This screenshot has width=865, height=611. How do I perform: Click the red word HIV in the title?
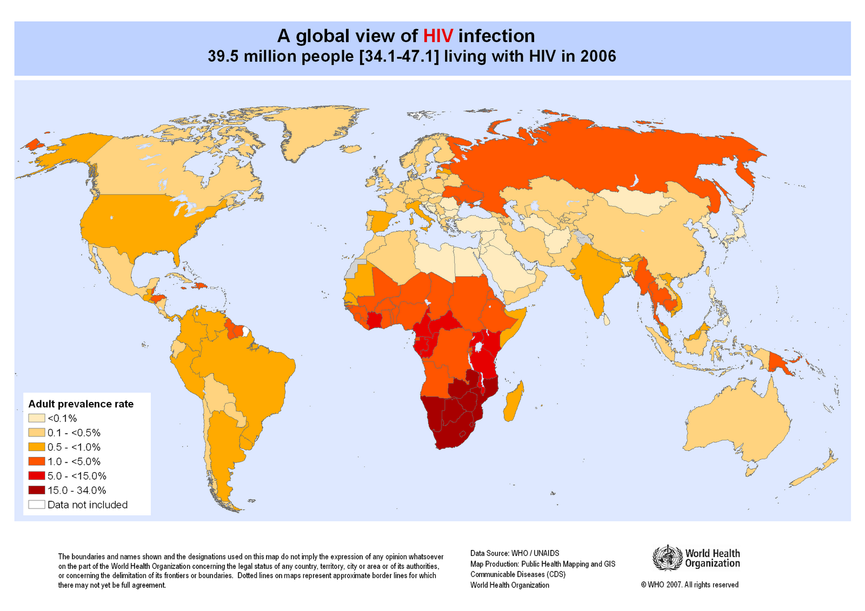[437, 36]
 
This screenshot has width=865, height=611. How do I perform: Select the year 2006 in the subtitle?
[598, 56]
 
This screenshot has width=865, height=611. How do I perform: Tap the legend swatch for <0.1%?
[37, 418]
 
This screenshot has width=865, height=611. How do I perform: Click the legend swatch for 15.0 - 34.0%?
[37, 490]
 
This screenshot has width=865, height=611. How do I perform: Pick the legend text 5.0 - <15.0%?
[77, 476]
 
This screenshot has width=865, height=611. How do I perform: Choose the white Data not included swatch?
[37, 505]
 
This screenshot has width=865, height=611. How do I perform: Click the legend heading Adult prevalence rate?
[81, 404]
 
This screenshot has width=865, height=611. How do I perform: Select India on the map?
[595, 276]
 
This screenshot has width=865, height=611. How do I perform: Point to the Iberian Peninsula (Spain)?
[381, 221]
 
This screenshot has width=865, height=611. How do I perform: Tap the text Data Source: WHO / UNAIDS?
[515, 553]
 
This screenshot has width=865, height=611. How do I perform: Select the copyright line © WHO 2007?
[689, 585]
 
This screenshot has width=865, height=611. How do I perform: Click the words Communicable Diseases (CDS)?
[517, 574]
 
